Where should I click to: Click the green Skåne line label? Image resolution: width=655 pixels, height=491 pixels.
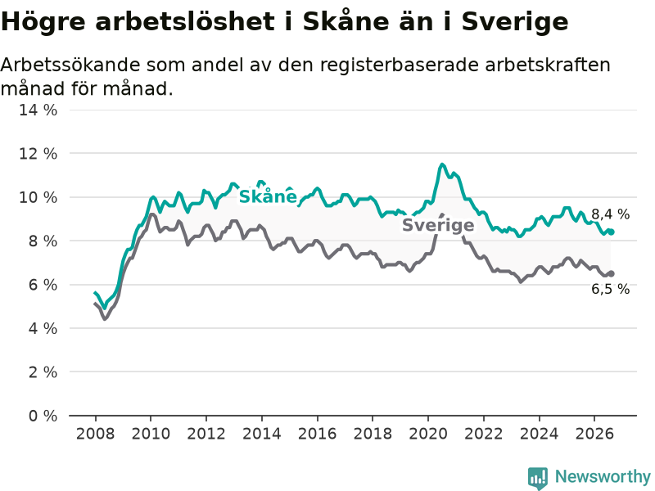pyautogui.click(x=268, y=196)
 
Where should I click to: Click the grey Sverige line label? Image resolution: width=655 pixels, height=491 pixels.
pyautogui.click(x=438, y=225)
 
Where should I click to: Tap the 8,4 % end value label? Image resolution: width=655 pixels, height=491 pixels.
pyautogui.click(x=610, y=214)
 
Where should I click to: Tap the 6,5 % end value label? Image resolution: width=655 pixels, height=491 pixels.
pyautogui.click(x=610, y=289)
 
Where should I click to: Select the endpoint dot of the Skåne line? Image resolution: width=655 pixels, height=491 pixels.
pyautogui.click(x=611, y=232)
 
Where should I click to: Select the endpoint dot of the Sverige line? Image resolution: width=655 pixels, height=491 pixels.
pyautogui.click(x=611, y=273)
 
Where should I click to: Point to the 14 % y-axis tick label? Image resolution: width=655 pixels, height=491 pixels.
pyautogui.click(x=38, y=110)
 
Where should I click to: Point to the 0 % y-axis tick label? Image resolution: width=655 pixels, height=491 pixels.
pyautogui.click(x=43, y=416)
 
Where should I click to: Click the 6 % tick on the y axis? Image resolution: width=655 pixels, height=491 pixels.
pyautogui.click(x=43, y=285)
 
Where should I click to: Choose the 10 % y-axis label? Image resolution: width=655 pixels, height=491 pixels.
pyautogui.click(x=38, y=197)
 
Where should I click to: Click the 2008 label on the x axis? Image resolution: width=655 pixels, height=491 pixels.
pyautogui.click(x=95, y=434)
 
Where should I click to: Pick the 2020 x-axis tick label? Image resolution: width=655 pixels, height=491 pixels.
pyautogui.click(x=427, y=434)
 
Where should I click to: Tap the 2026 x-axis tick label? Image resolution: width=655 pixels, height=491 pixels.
pyautogui.click(x=594, y=434)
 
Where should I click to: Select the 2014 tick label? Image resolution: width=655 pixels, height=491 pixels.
pyautogui.click(x=261, y=434)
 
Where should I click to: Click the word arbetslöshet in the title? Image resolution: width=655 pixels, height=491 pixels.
pyautogui.click(x=185, y=21)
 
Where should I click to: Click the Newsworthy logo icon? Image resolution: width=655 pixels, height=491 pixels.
pyautogui.click(x=538, y=477)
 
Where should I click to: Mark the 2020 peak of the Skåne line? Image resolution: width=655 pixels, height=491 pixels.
pyautogui.click(x=442, y=164)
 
